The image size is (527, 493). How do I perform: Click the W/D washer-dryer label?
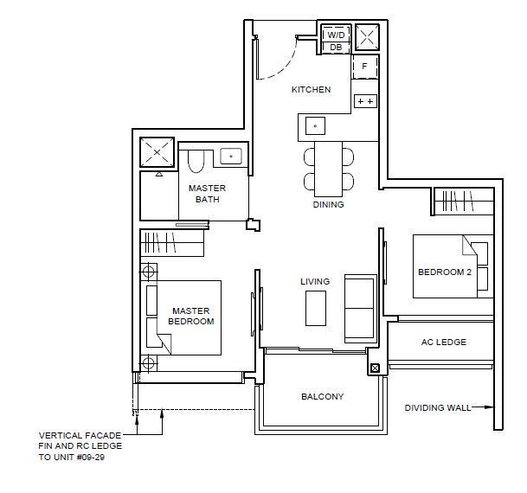pos(336,35)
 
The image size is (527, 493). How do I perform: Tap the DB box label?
pos(336,48)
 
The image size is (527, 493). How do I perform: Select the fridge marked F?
pos(364,67)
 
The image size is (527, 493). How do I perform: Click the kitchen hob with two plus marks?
pos(365,101)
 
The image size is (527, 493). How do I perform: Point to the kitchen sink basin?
pos(315,126)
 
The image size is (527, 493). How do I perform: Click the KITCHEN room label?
pos(311,90)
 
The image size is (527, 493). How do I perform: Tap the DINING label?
pos(328,204)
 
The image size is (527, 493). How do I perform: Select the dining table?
pos(328,169)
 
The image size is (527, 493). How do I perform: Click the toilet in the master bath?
pos(196,161)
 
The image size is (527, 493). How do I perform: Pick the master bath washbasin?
pos(231,157)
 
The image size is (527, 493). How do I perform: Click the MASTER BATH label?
pos(207,194)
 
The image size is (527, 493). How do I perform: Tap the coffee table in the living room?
pos(316,308)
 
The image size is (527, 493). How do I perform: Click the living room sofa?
pos(361,309)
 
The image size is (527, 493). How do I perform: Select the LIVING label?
pos(315,281)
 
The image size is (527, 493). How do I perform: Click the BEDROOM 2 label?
pos(445,272)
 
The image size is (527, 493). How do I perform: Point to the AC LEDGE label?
pos(444,343)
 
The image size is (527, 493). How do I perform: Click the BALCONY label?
pos(322,397)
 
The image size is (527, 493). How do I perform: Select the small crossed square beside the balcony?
pos(375,368)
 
